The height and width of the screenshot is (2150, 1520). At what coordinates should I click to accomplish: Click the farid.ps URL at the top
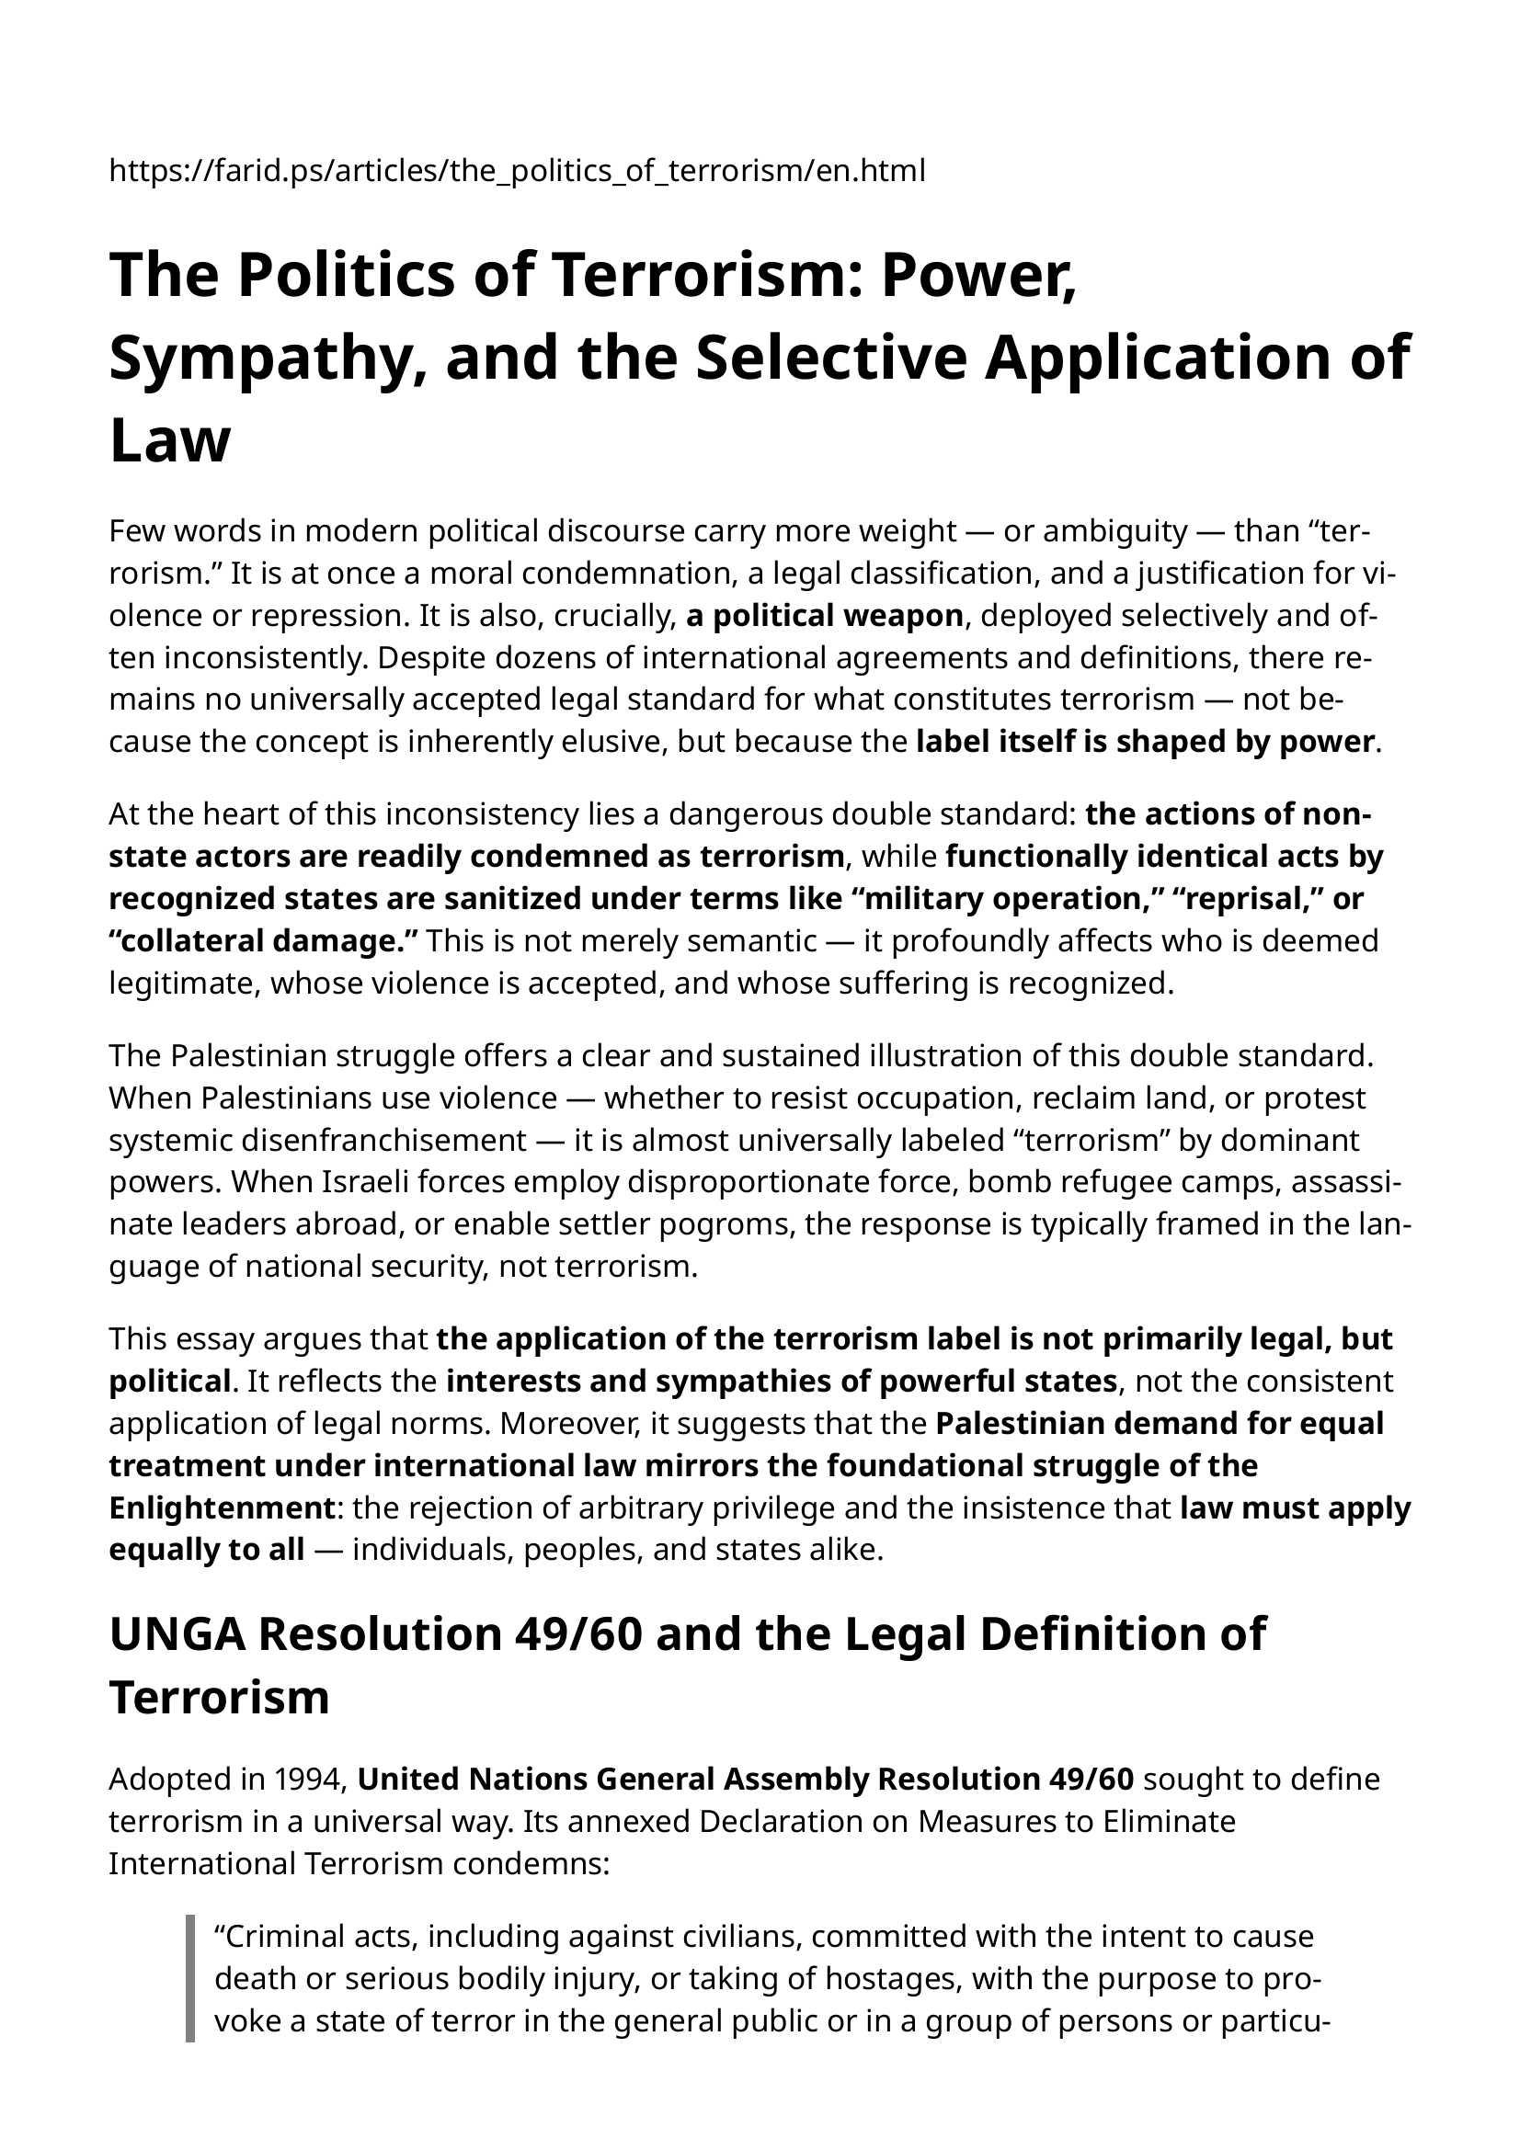(516, 171)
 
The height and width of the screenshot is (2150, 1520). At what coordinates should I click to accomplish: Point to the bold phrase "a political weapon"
(824, 616)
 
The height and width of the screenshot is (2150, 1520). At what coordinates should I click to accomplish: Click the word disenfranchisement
(317, 1141)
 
